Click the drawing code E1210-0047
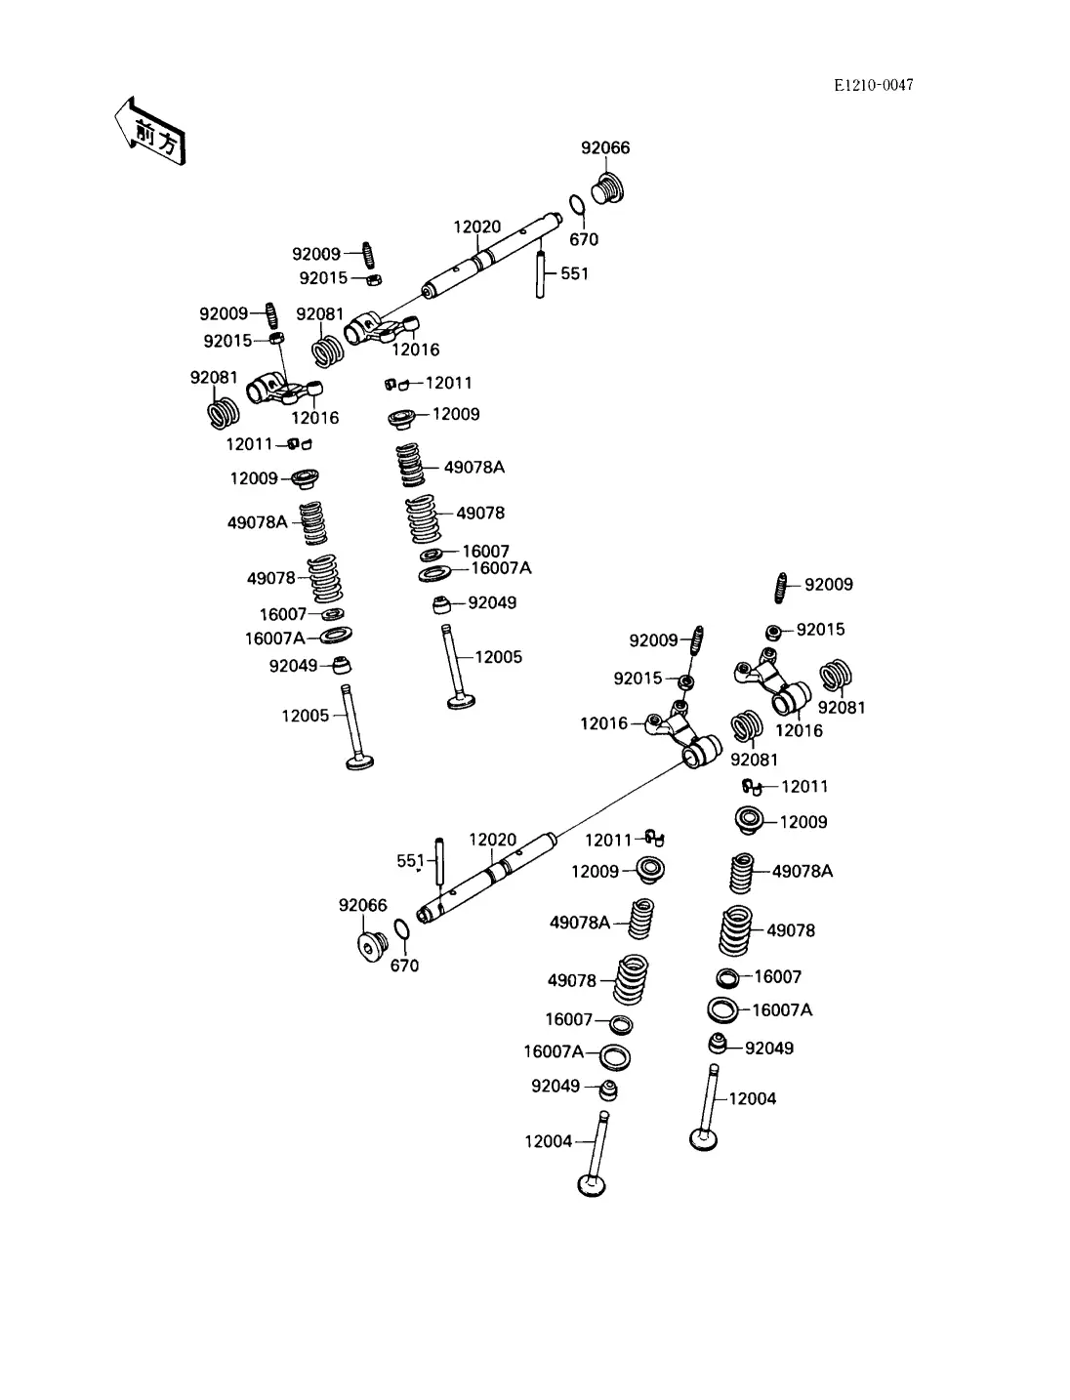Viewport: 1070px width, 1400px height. [x=873, y=85]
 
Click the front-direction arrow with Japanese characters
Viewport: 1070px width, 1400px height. [x=147, y=132]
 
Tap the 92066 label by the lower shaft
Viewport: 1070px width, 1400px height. [x=363, y=905]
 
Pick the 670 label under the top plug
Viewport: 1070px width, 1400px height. [x=584, y=239]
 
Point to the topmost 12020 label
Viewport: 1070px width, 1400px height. [x=476, y=226]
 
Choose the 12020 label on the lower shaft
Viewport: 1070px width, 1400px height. [x=493, y=840]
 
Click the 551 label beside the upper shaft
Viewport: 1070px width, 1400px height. [x=575, y=273]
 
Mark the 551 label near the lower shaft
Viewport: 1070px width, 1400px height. [x=410, y=860]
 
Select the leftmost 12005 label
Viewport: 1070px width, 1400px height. [x=306, y=716]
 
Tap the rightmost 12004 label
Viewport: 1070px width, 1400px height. [x=753, y=1098]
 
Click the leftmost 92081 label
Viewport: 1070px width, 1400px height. [x=214, y=378]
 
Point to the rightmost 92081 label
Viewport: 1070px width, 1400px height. [x=842, y=707]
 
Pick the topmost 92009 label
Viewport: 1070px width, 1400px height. [x=316, y=254]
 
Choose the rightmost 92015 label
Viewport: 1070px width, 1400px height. [x=821, y=630]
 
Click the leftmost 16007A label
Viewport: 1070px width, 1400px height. [x=274, y=638]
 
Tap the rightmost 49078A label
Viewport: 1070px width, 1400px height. [x=802, y=871]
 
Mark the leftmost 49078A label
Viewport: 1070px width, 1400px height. [x=258, y=522]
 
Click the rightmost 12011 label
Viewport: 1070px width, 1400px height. [x=804, y=786]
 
